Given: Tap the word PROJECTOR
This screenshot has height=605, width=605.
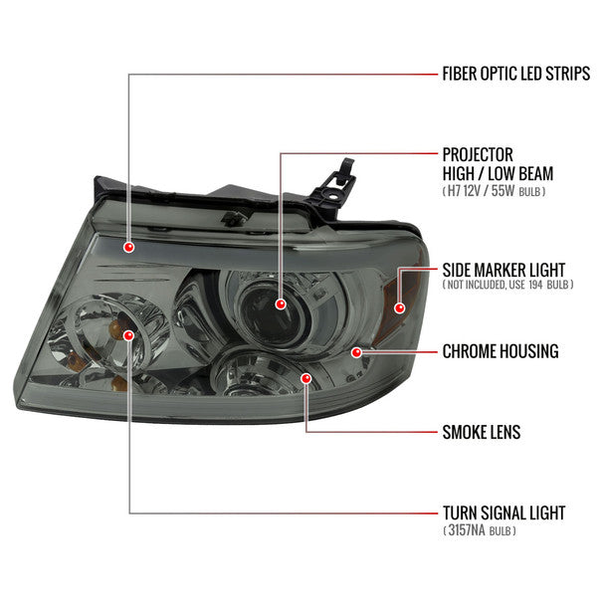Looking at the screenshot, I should pos(478,154).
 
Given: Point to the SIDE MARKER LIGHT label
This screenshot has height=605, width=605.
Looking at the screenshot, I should pos(503,269).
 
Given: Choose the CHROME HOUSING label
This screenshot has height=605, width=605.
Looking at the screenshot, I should pos(500,351).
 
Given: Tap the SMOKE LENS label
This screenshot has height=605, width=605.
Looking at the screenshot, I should pos(482,432).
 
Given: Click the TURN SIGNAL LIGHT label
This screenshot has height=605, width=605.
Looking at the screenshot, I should pos(504,513).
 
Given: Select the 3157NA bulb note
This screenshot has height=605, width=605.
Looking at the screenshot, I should pos(481,531).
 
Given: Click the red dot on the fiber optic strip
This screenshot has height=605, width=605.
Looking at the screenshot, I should pos(129,246).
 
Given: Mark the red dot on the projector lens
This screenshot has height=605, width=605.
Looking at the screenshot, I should pos(281,302).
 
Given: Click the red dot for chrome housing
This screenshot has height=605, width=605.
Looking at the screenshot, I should pos(355,351).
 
